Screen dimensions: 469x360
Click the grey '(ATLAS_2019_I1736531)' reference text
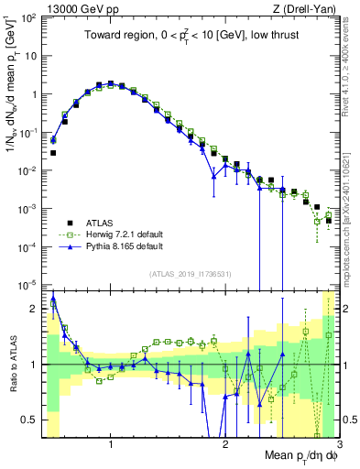(x=190, y=273)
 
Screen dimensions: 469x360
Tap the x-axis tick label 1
(x=111, y=444)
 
